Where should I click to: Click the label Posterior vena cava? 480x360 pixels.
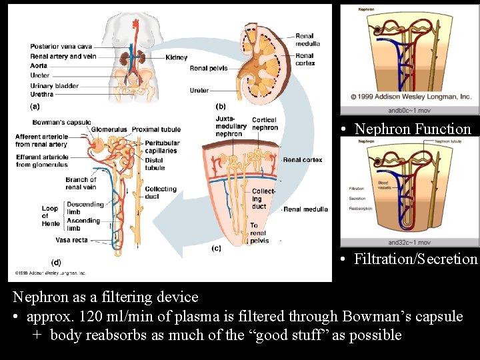click(61, 47)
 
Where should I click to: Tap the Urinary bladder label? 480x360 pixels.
click(54, 85)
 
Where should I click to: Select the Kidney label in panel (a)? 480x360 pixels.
click(177, 58)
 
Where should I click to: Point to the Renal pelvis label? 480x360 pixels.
click(209, 68)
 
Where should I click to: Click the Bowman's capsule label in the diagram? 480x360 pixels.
click(61, 123)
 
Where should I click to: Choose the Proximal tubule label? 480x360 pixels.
click(157, 129)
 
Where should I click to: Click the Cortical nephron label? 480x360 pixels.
click(265, 124)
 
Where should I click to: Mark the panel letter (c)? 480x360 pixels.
click(216, 249)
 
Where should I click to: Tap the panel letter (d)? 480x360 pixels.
click(57, 262)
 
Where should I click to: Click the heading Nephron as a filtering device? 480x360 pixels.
click(106, 297)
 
